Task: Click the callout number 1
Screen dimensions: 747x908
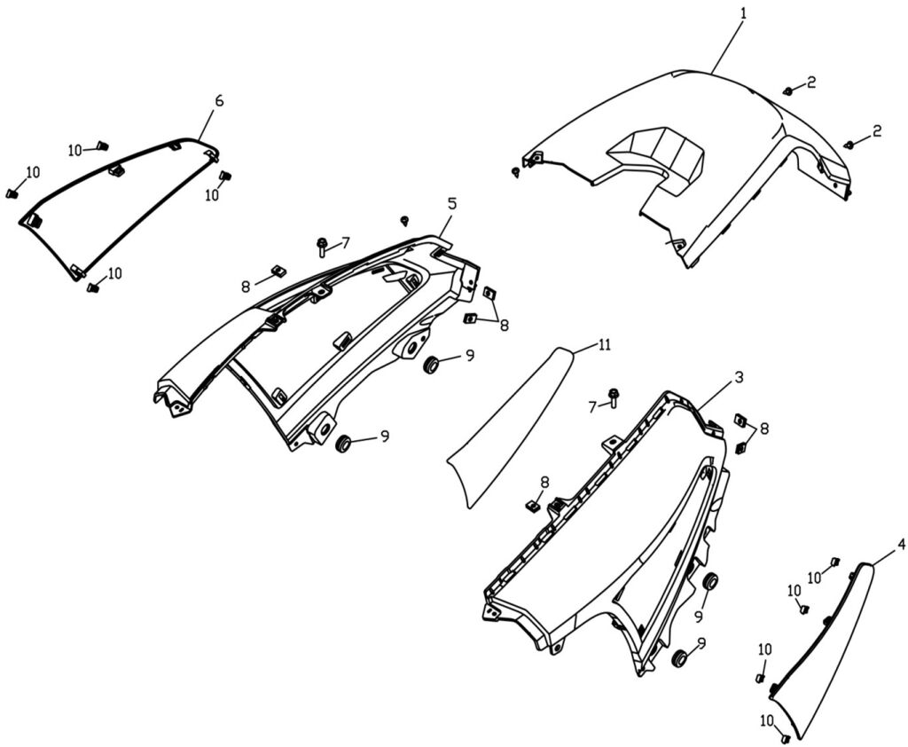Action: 743,13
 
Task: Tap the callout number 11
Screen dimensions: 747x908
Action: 604,345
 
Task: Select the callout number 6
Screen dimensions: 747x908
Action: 219,100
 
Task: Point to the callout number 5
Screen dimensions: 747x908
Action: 452,203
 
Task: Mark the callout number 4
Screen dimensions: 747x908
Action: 901,544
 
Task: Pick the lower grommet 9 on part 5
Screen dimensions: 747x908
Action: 342,442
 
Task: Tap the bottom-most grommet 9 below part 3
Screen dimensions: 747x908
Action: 679,658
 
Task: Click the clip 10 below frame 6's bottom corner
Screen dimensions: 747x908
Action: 91,287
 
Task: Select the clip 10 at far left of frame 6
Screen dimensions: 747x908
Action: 12,193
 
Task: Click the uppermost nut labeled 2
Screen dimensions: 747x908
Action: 787,90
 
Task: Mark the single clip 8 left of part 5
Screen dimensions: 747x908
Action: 276,271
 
